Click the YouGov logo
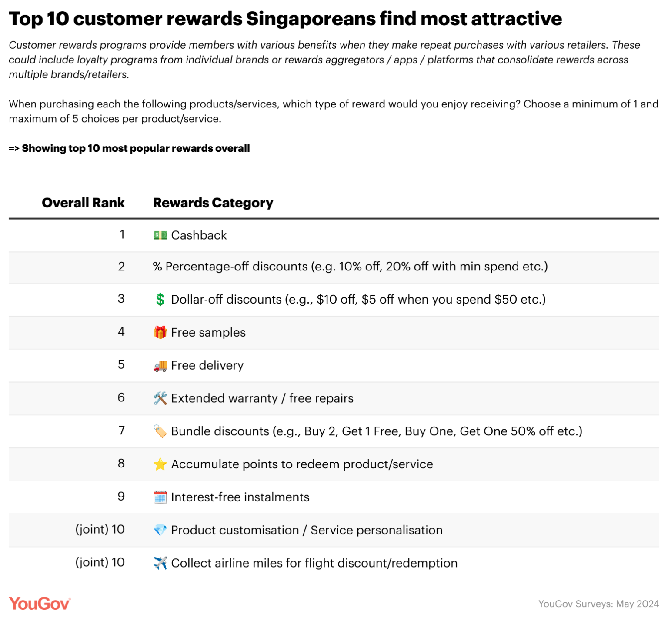[x=40, y=603]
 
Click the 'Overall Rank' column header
[x=83, y=203]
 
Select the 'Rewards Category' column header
[x=213, y=203]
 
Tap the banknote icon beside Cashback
[x=160, y=235]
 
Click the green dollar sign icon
[x=160, y=299]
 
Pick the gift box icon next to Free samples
[x=160, y=332]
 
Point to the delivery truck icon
[x=160, y=366]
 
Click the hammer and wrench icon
[x=160, y=398]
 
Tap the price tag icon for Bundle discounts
[x=160, y=431]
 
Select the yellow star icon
[x=160, y=464]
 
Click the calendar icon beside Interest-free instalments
[x=160, y=497]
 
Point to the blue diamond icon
[x=160, y=530]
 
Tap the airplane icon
[x=160, y=563]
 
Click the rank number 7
[x=121, y=431]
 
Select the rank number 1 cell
[x=122, y=235]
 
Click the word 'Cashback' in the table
[x=199, y=235]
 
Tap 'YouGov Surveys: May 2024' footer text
[x=598, y=604]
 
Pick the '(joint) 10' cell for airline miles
[x=100, y=562]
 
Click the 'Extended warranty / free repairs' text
[x=262, y=398]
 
